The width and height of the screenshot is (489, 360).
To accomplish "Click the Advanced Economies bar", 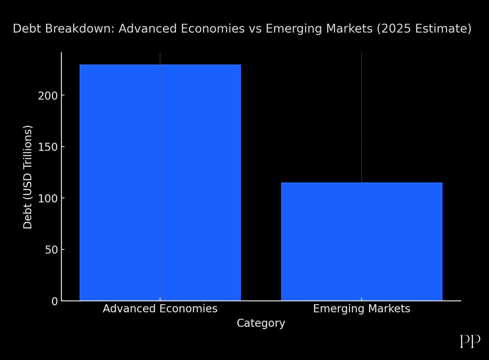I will point(160,182).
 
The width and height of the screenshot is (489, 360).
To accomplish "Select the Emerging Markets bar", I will point(362,241).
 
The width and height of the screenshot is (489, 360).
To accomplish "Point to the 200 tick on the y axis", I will point(48,96).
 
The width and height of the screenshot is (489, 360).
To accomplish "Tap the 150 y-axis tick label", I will point(48,147).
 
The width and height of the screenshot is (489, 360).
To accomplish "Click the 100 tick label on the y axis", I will point(48,198).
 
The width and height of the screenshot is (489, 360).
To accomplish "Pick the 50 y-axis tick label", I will point(51,250).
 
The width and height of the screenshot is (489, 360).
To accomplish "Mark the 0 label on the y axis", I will point(54,301).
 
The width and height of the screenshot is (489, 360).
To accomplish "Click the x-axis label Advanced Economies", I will point(160,308).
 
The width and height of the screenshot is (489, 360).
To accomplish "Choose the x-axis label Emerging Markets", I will point(362,308).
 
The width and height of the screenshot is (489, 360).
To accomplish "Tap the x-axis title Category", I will point(261,323).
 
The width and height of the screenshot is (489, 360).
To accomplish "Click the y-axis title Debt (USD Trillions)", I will point(28,177).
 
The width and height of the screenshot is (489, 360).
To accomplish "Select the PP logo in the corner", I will point(470,341).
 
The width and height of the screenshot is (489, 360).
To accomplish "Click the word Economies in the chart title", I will point(213,29).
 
